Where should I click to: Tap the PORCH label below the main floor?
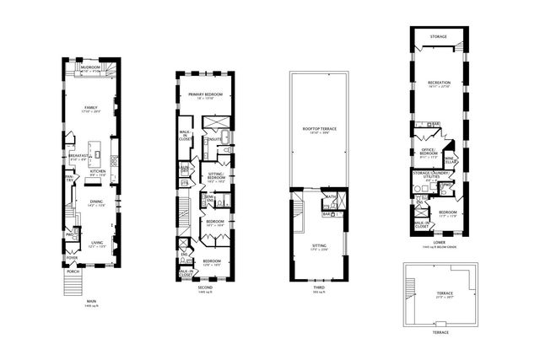click(73, 271)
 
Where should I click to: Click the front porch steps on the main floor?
click(72, 285)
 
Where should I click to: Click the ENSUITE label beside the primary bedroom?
click(214, 138)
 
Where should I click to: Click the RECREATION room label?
click(439, 83)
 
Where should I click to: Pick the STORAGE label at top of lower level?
click(438, 36)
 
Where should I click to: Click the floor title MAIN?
click(90, 301)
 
